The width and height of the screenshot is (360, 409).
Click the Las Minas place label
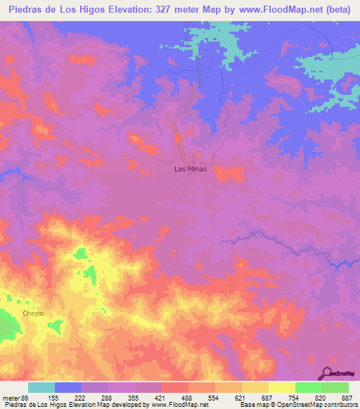pos(191,169)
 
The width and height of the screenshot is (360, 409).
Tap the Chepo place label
pos(32,313)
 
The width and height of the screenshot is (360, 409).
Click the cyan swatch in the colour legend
pos(41,388)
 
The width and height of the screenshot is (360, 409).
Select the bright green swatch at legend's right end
pos(335,388)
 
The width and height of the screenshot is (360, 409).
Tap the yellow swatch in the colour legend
pos(281,388)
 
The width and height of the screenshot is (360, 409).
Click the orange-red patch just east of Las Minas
pos(229,174)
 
